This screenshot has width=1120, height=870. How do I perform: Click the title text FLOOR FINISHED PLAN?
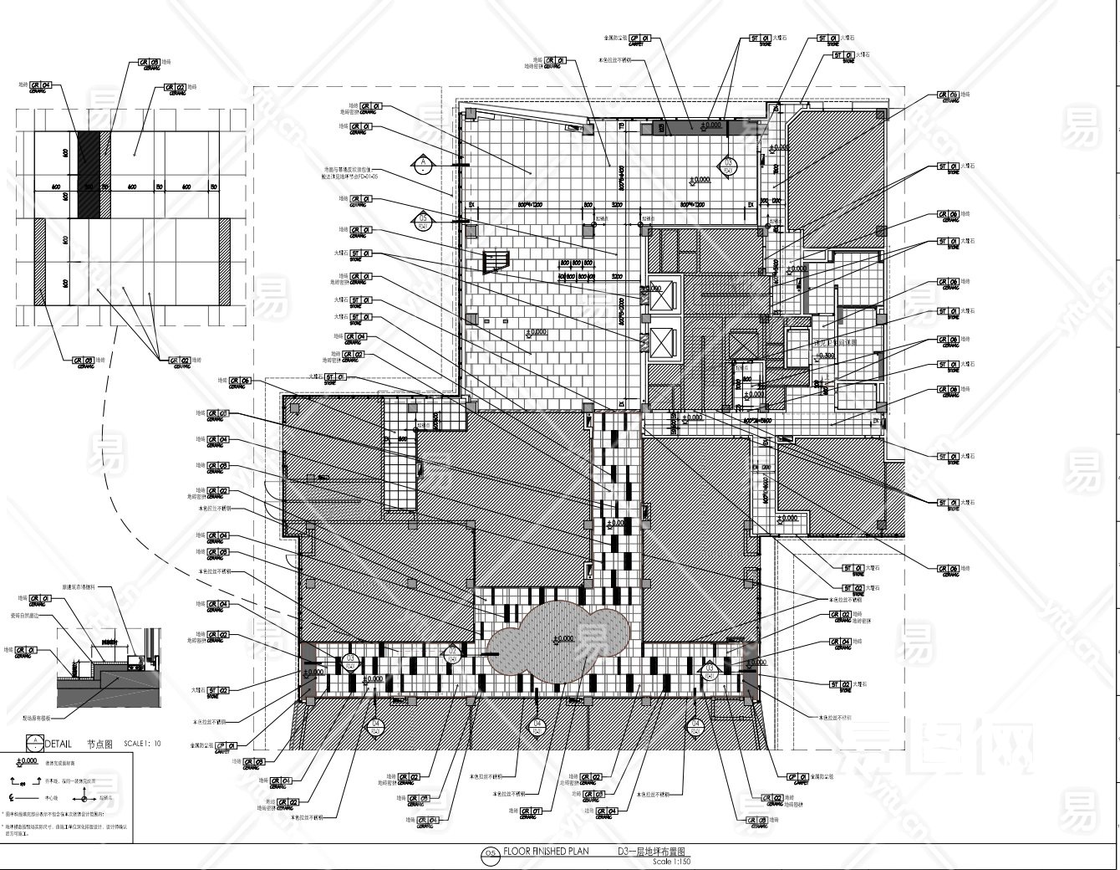tap(546, 852)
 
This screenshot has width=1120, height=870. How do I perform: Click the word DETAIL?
tap(59, 743)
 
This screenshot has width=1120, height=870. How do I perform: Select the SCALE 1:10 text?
tap(141, 744)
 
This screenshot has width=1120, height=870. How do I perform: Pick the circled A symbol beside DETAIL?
tap(34, 742)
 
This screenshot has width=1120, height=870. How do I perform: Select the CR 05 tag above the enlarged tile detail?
tap(149, 62)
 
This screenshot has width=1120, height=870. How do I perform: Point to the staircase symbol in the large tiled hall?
tap(494, 262)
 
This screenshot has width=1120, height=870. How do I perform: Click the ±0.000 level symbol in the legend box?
tap(27, 762)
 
